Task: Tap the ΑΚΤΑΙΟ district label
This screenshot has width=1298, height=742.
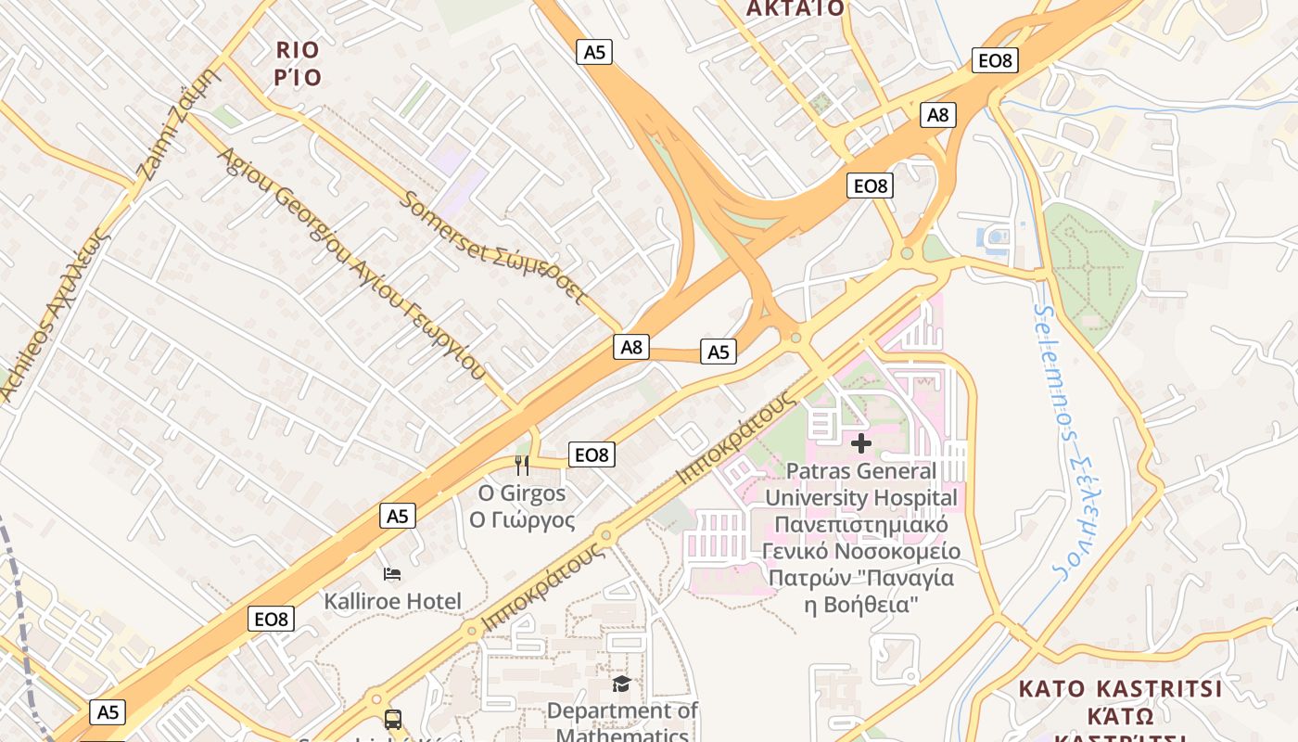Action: [x=795, y=9]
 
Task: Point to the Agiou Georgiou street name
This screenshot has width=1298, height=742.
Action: [x=351, y=262]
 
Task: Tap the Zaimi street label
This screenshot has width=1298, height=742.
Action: [x=180, y=126]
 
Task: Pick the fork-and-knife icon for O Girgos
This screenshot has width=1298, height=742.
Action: [x=522, y=465]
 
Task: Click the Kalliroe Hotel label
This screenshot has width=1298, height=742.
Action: [x=392, y=601]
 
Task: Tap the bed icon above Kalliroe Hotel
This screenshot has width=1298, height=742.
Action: [x=392, y=574]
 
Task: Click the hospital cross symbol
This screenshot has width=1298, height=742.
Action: [x=861, y=443]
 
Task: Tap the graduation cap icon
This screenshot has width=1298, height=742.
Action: [x=621, y=684]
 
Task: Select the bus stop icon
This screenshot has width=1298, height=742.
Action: [x=393, y=719]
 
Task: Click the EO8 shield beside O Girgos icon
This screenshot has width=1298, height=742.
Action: [x=592, y=454]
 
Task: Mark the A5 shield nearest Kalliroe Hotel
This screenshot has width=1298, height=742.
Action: [x=397, y=516]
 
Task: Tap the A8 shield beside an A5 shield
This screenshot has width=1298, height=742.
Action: [x=630, y=347]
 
